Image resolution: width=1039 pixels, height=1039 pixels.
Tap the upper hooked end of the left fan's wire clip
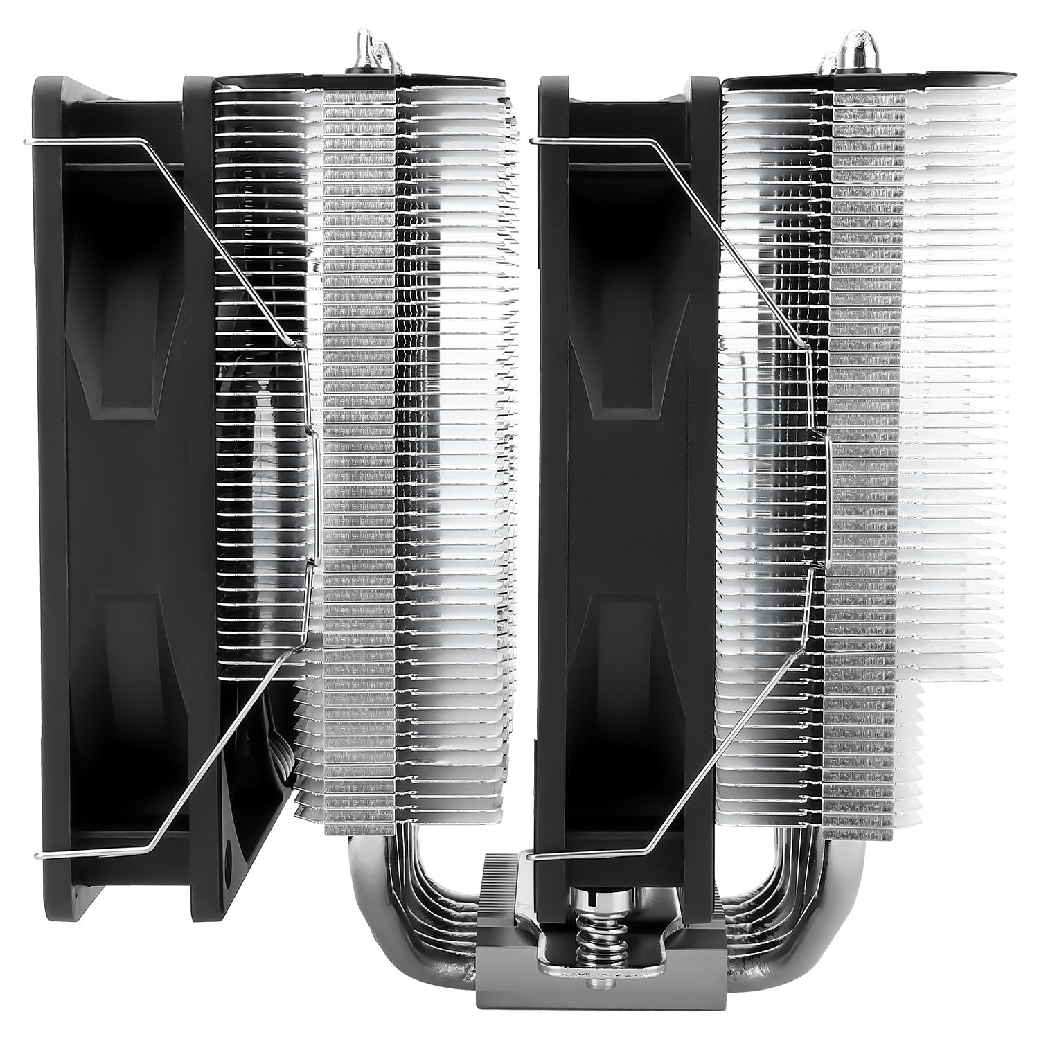click(28, 143)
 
